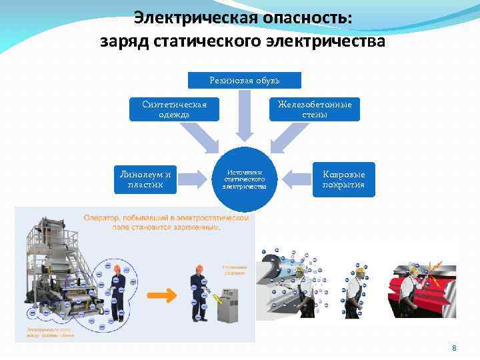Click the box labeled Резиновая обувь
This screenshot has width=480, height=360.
pos(245,80)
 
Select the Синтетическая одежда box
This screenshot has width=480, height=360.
pos(175,109)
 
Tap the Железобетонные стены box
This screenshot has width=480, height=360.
pos(315,109)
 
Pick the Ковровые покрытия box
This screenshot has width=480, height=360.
pos(344,179)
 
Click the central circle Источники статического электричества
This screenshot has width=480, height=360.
pos(245,178)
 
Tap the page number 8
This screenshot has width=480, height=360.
pos(454,348)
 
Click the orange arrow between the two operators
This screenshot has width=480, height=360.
pos(162,295)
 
